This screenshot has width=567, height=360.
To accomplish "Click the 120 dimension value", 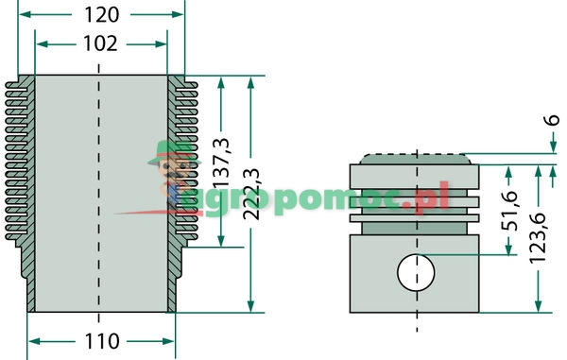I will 101,14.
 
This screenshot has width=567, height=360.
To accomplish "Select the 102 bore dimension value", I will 100,43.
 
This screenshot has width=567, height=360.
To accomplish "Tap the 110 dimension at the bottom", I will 101,340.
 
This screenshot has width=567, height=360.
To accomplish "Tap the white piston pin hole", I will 416,273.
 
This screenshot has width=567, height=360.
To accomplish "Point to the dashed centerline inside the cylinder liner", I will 100,189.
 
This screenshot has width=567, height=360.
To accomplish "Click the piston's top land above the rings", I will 416,175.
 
